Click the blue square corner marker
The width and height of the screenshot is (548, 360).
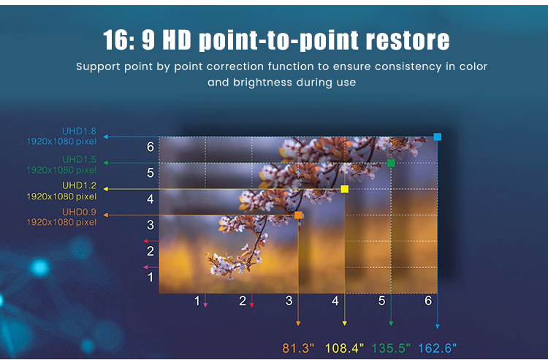(437, 137)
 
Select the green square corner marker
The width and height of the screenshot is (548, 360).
(391, 163)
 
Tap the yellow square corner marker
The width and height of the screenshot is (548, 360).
(344, 189)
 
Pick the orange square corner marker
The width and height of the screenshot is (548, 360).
(298, 215)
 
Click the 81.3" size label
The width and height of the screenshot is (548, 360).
(298, 348)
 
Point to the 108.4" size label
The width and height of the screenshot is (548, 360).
(344, 348)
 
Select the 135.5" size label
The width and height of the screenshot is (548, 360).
(391, 348)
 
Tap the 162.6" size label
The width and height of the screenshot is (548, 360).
(437, 348)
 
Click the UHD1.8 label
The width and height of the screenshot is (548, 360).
(79, 131)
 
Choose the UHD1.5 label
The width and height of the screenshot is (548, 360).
(79, 160)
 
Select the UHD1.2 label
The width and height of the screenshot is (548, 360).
(79, 185)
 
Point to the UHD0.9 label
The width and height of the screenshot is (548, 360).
(79, 212)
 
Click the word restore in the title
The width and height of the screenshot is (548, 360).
(408, 40)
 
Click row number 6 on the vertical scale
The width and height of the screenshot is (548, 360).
(151, 147)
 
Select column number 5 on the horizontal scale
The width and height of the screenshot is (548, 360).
(381, 301)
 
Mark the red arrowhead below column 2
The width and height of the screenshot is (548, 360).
(251, 305)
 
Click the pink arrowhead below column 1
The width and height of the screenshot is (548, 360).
(205, 305)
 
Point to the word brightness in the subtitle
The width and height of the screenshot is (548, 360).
(262, 83)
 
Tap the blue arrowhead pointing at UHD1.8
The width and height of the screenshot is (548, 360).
(106, 137)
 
